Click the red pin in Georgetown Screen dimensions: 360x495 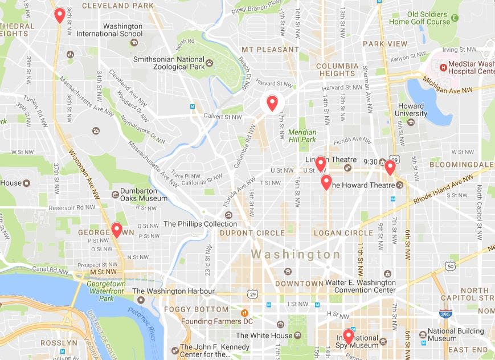tap(116, 230)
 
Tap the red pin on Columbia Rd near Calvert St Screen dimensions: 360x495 tap(272, 103)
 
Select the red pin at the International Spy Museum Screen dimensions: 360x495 tap(348, 336)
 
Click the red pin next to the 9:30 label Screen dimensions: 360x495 tap(390, 167)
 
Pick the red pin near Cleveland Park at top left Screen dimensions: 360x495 tap(59, 15)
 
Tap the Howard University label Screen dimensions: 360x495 tap(411, 110)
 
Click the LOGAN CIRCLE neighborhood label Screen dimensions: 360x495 tap(343, 233)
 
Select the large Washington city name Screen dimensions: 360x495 tap(296, 254)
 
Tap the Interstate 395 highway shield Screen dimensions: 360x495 tap(445, 313)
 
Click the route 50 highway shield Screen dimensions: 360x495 tap(451, 266)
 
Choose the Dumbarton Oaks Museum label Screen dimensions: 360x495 tap(140, 194)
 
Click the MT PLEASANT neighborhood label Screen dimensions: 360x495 tap(270, 50)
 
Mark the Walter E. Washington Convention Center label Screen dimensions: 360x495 tap(360, 287)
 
